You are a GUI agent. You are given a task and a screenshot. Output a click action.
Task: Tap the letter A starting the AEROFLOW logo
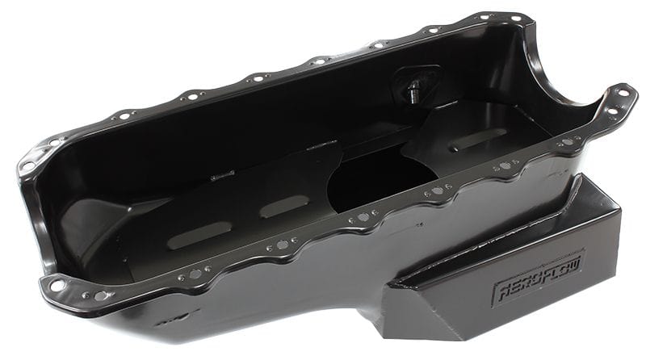tap(499, 291)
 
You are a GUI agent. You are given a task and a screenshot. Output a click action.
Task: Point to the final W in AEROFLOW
tap(576, 263)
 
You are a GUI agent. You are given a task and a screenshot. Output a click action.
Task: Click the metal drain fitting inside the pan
tap(415, 89)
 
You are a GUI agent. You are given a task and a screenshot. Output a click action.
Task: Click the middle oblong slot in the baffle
tap(283, 206)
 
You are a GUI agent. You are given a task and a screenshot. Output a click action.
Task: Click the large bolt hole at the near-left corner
tap(57, 284)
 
